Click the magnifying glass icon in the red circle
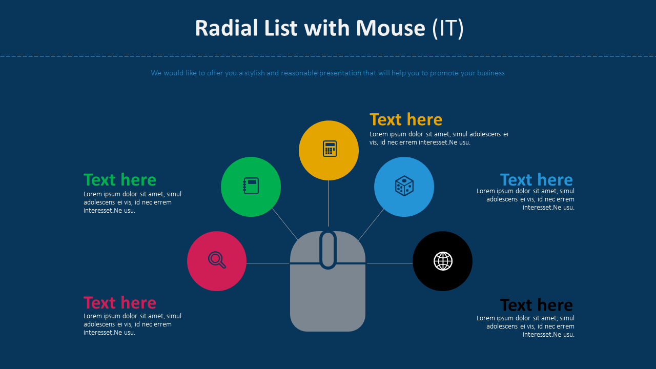[217, 260]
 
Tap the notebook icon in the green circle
[251, 186]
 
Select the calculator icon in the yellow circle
[330, 149]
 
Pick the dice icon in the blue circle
[404, 186]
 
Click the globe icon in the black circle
[443, 261]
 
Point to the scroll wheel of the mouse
[328, 250]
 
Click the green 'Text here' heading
[120, 180]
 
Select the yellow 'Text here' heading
[406, 119]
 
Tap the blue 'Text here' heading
[536, 180]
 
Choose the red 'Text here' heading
[120, 302]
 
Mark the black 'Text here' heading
[536, 305]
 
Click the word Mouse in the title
[391, 28]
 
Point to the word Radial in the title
[223, 28]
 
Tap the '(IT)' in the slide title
[448, 28]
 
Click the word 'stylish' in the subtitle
[255, 73]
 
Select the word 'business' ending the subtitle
[490, 73]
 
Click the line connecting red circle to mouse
[268, 263]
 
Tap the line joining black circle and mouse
[389, 263]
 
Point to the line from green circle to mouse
[285, 224]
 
